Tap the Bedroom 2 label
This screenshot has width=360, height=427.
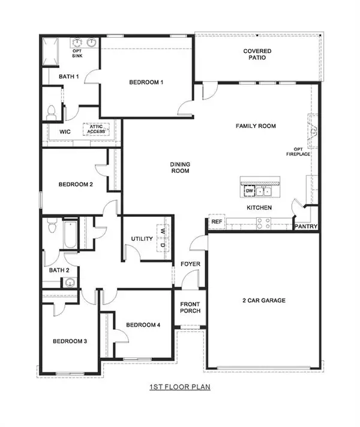point(75,184)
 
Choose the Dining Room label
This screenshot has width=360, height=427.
point(180,167)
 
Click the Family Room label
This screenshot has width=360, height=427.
point(256,126)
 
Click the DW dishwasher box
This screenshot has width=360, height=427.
point(249,191)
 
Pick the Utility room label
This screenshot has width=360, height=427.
point(142,239)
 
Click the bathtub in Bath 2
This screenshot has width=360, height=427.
point(70,236)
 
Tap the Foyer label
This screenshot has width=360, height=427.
point(191,264)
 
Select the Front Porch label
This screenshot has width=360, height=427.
point(190,307)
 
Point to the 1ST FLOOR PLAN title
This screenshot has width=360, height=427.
point(180,389)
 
